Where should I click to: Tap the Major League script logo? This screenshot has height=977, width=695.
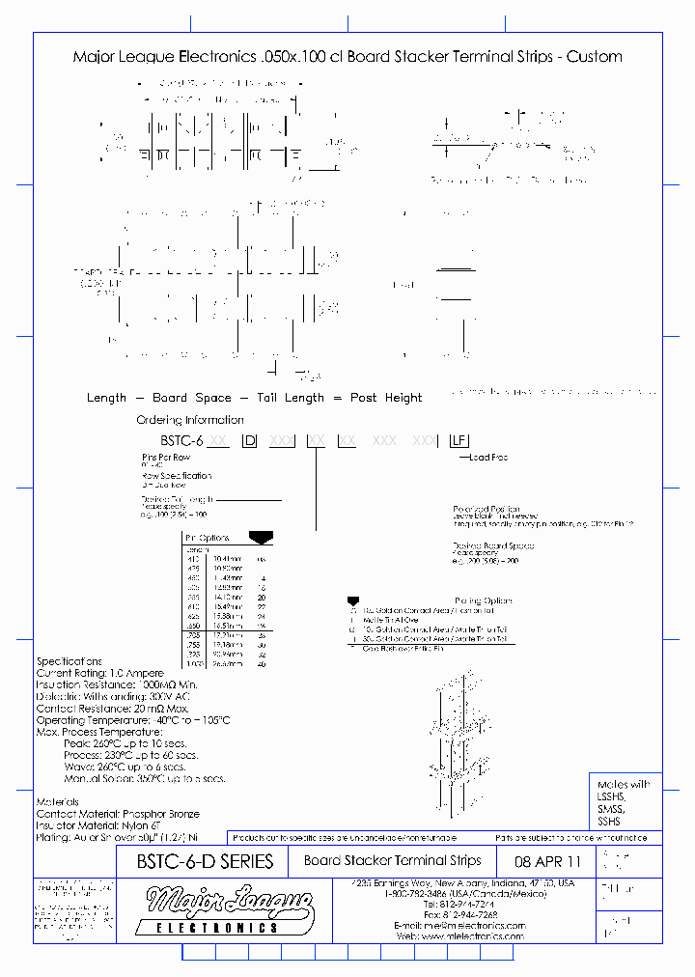pyautogui.click(x=229, y=905)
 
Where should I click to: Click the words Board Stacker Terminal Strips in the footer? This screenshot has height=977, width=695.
pyautogui.click(x=392, y=861)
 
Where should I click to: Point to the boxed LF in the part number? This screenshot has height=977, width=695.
pyautogui.click(x=459, y=440)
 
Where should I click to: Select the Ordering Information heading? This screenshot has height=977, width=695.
pyautogui.click(x=190, y=420)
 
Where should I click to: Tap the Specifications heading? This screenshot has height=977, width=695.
pyautogui.click(x=69, y=660)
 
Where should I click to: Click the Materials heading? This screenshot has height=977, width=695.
pyautogui.click(x=57, y=801)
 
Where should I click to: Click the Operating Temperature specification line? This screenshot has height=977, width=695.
pyautogui.click(x=132, y=720)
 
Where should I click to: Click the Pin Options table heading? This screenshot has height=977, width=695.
pyautogui.click(x=207, y=537)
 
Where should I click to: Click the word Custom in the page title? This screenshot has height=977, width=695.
pyautogui.click(x=595, y=57)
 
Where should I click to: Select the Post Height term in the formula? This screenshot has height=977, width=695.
pyautogui.click(x=386, y=398)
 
